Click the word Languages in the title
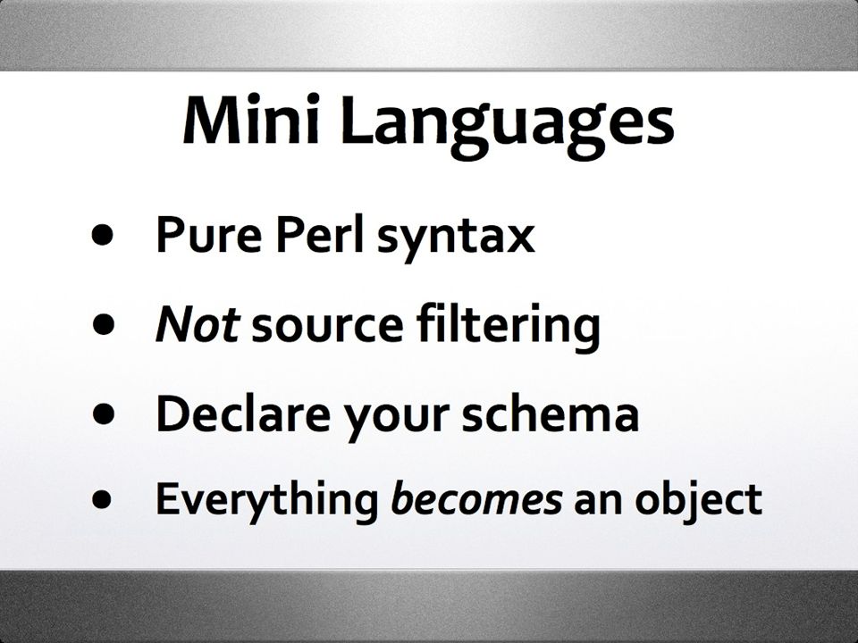508,126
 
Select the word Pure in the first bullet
208,234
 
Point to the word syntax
457,238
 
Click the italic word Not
198,323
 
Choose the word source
327,328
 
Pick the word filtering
509,328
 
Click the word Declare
243,413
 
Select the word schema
551,413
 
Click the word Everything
267,501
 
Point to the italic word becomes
476,498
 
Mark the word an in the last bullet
598,503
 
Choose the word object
698,502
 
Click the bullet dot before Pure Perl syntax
103,235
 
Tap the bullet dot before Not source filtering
103,324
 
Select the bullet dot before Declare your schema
103,413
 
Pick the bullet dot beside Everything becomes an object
103,499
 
